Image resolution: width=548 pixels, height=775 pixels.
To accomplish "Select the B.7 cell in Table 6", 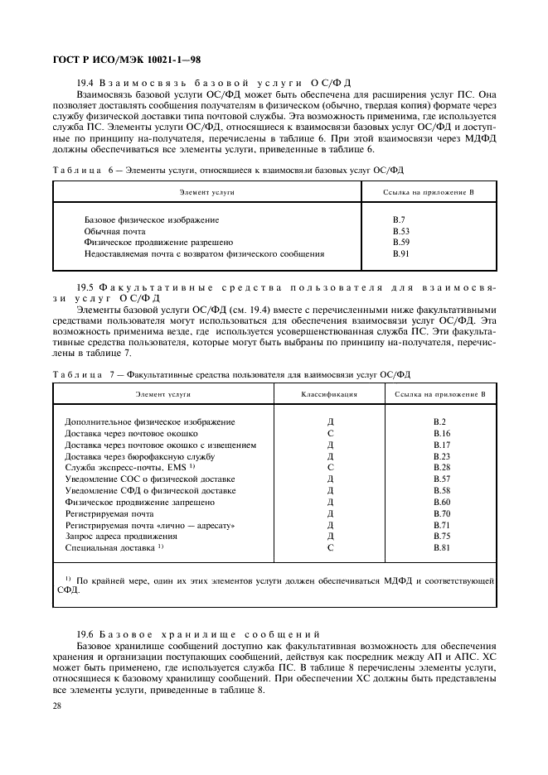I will [398, 220].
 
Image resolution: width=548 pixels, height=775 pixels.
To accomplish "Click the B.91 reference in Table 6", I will [400, 254].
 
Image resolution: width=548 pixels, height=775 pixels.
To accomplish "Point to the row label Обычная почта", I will [114, 232].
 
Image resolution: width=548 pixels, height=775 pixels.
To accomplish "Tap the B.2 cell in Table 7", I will [440, 422].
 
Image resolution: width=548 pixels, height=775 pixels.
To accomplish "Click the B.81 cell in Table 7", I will [442, 547].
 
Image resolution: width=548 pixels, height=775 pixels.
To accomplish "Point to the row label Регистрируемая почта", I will [109, 513].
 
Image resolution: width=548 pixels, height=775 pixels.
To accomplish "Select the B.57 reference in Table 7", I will [442, 479].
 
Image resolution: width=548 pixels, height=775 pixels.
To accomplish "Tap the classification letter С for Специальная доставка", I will [330, 547].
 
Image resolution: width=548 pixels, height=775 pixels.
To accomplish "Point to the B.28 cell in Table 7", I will [442, 468].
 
